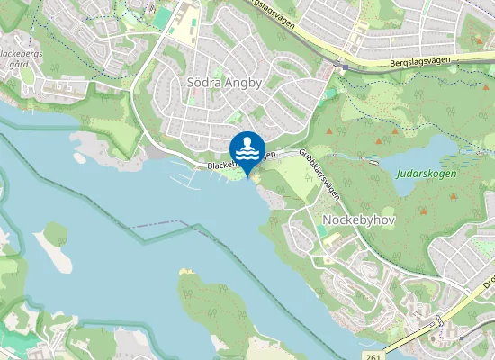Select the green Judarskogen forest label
coord(426,174)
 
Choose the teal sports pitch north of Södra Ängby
coord(163,18)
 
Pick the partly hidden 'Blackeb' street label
coord(220,166)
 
